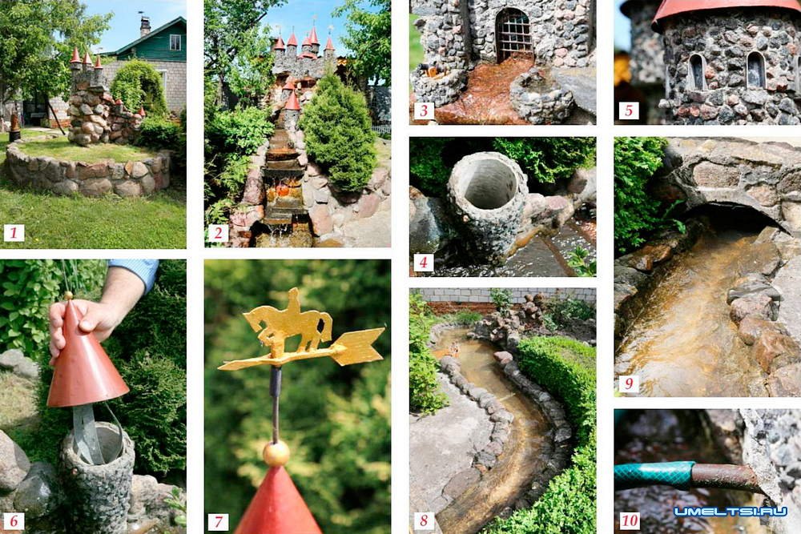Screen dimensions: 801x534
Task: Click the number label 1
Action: (x=14, y=233)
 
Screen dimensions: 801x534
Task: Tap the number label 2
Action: (x=218, y=233)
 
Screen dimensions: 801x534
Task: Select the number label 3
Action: (x=424, y=110)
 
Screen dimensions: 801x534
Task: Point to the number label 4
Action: (x=424, y=263)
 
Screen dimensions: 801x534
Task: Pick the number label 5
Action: (x=629, y=110)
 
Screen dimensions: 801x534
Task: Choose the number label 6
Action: (x=14, y=520)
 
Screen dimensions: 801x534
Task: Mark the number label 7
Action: (x=218, y=520)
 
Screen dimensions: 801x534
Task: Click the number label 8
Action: (x=424, y=520)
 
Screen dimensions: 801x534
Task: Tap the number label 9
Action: (x=629, y=383)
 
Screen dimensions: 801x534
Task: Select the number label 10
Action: (x=630, y=520)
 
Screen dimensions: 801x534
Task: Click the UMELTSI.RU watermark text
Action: (x=731, y=512)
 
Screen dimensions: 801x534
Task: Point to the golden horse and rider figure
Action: (x=288, y=322)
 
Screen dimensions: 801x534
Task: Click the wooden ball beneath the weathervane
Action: (x=276, y=453)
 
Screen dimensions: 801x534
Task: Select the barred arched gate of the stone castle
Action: (x=513, y=36)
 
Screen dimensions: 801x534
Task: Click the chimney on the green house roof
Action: (x=145, y=26)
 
